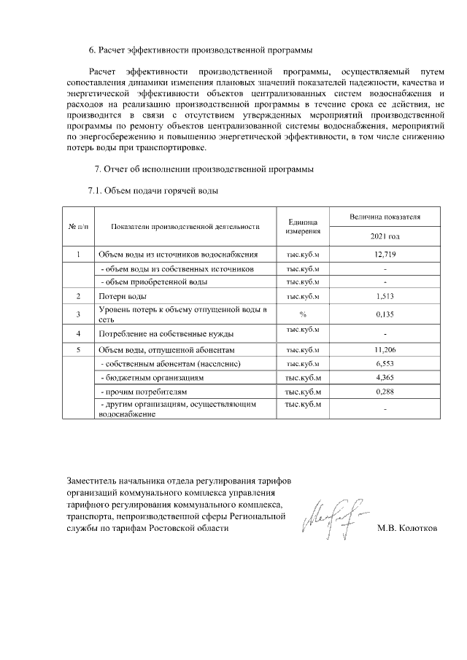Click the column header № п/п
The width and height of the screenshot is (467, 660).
[x=78, y=227]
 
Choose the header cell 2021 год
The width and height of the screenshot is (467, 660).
[x=385, y=237]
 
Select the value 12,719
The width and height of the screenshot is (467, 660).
[x=385, y=255]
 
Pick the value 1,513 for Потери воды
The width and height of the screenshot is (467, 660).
[x=385, y=296]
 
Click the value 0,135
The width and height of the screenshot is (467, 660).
[x=385, y=314]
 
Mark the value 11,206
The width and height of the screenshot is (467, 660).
[x=385, y=349]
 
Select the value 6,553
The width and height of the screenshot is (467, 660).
[x=385, y=363]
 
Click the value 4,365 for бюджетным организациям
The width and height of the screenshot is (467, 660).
[x=385, y=378]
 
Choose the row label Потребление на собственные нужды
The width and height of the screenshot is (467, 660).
[x=166, y=333]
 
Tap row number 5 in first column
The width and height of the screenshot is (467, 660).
[x=78, y=349]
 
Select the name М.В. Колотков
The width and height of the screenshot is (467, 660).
[x=407, y=529]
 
